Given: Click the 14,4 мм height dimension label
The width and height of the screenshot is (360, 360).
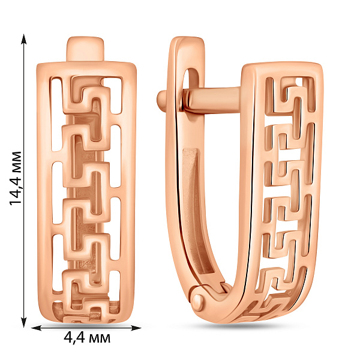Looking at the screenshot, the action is click(16, 178).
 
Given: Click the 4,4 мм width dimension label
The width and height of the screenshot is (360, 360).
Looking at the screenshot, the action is click(87, 338).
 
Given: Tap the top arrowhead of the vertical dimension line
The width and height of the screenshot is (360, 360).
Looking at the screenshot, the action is click(23, 38).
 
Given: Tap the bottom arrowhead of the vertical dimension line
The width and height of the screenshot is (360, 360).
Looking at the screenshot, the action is click(23, 323).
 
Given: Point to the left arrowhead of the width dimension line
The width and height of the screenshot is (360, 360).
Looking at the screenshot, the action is click(36, 328).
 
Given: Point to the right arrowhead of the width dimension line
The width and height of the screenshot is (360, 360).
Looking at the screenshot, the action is click(136, 328).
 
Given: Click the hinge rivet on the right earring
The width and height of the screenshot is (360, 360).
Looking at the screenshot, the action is click(198, 301).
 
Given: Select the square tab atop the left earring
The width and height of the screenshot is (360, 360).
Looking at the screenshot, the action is click(85, 49).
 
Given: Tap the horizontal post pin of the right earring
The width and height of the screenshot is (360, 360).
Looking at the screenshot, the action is click(212, 99).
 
